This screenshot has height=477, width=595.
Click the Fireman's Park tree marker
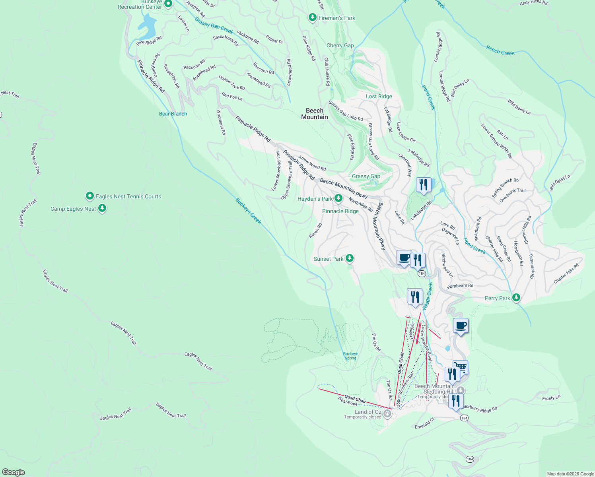313,17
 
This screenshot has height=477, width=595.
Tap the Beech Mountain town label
315,114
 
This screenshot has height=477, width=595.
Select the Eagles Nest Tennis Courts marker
90,196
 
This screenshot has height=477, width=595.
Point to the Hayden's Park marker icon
338,198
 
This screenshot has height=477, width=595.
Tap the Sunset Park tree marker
349,258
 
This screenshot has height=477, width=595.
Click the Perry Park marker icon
516,297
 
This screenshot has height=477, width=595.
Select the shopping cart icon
461,367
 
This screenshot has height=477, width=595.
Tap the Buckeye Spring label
350,356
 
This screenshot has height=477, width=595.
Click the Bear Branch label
173,114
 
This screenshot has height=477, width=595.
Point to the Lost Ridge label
379,96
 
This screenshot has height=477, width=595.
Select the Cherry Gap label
340,45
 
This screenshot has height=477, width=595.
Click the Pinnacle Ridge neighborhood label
340,211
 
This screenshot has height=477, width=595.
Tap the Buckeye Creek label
249,211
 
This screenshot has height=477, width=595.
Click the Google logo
14,472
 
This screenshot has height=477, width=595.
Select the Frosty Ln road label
551,397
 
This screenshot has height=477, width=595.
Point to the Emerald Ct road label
425,423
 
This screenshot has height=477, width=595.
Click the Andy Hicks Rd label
533,3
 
